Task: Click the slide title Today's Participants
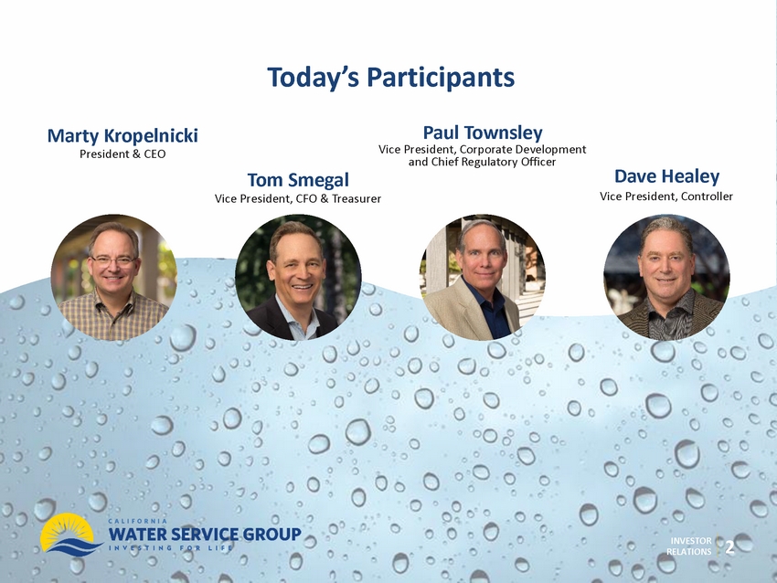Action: click(x=391, y=78)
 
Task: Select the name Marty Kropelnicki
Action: click(x=122, y=135)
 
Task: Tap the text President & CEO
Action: click(x=122, y=154)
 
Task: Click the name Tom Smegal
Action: click(x=298, y=180)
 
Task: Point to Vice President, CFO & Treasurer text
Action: click(x=298, y=198)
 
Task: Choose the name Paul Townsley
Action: click(x=483, y=132)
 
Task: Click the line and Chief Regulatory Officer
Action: click(x=482, y=162)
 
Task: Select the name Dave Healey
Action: click(x=666, y=175)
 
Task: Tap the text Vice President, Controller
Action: click(x=666, y=196)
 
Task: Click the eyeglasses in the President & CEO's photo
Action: click(x=113, y=260)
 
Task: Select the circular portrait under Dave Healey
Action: click(x=666, y=278)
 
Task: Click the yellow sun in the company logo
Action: click(x=67, y=531)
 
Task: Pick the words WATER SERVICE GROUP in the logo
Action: click(x=205, y=534)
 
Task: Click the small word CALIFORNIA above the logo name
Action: click(x=137, y=521)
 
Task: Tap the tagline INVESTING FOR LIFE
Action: click(x=170, y=547)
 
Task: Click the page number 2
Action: click(x=730, y=547)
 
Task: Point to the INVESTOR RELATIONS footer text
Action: click(x=689, y=546)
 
